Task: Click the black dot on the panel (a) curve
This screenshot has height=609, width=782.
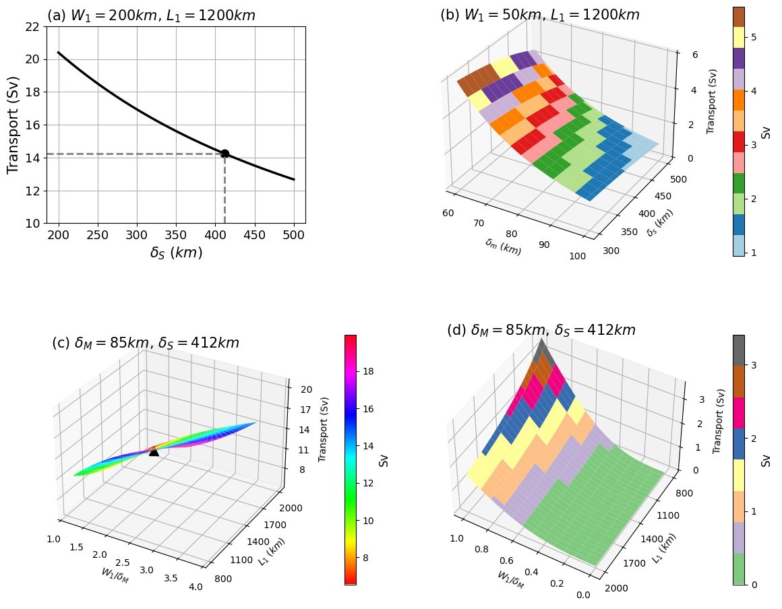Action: (224, 154)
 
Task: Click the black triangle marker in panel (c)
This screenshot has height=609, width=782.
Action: (154, 451)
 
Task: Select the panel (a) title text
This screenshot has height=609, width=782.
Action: (151, 15)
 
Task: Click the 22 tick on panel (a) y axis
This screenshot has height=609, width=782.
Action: (32, 27)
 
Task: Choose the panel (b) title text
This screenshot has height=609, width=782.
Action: (539, 15)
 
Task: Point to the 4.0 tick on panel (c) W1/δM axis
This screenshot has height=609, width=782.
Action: (195, 587)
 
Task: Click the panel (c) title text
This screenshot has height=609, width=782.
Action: (146, 343)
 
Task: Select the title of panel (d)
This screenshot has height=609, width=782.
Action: (541, 330)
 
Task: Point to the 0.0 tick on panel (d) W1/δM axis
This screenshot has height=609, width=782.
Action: (583, 594)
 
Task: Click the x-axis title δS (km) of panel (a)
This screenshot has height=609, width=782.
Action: (176, 253)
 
